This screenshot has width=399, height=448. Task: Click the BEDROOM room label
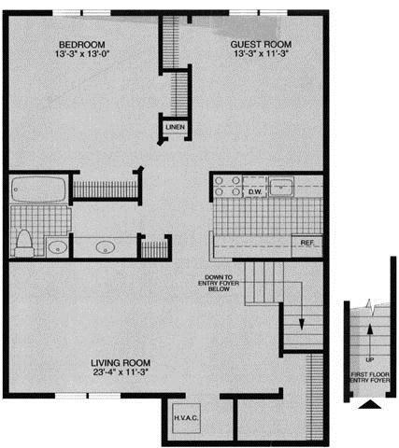point(81,44)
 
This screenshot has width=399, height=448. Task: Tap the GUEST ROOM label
point(262,44)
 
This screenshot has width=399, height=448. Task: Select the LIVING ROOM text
point(121,362)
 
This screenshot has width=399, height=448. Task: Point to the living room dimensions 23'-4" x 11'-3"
point(121,372)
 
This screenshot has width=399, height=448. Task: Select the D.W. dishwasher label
point(254,192)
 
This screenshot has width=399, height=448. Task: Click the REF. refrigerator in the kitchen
point(306,242)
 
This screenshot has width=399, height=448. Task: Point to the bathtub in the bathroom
point(39,190)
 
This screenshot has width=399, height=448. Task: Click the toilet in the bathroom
point(24,242)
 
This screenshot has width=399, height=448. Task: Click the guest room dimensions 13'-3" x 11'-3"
point(262,54)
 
